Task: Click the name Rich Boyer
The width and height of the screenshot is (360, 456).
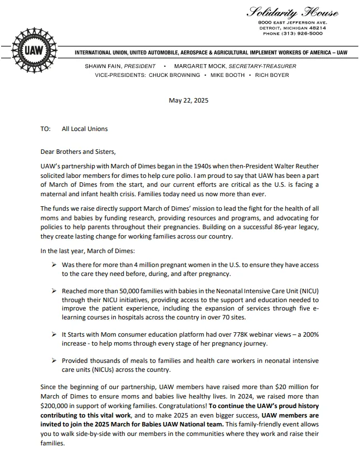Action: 272,75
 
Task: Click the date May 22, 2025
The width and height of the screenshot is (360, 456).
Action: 188,101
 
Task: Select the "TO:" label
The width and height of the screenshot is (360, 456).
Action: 46,129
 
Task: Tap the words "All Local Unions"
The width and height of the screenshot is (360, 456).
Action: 85,129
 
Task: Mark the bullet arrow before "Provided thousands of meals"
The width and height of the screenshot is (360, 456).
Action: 53,361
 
